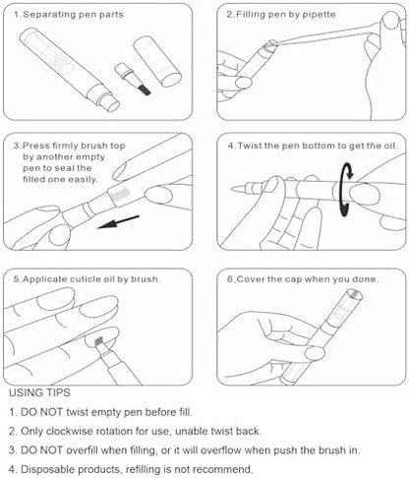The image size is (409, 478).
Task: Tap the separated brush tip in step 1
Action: pyautogui.click(x=145, y=90)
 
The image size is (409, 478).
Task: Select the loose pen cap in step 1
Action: pyautogui.click(x=157, y=61)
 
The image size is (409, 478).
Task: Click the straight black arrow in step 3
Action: pyautogui.click(x=118, y=221)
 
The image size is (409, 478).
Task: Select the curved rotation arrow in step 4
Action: pyautogui.click(x=346, y=190)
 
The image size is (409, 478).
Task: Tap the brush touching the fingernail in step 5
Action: pyautogui.click(x=99, y=342)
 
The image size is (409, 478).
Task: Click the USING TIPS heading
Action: pyautogui.click(x=39, y=392)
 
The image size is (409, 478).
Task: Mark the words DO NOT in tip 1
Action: pyautogui.click(x=41, y=412)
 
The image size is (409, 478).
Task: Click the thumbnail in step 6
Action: pyautogui.click(x=315, y=354)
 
